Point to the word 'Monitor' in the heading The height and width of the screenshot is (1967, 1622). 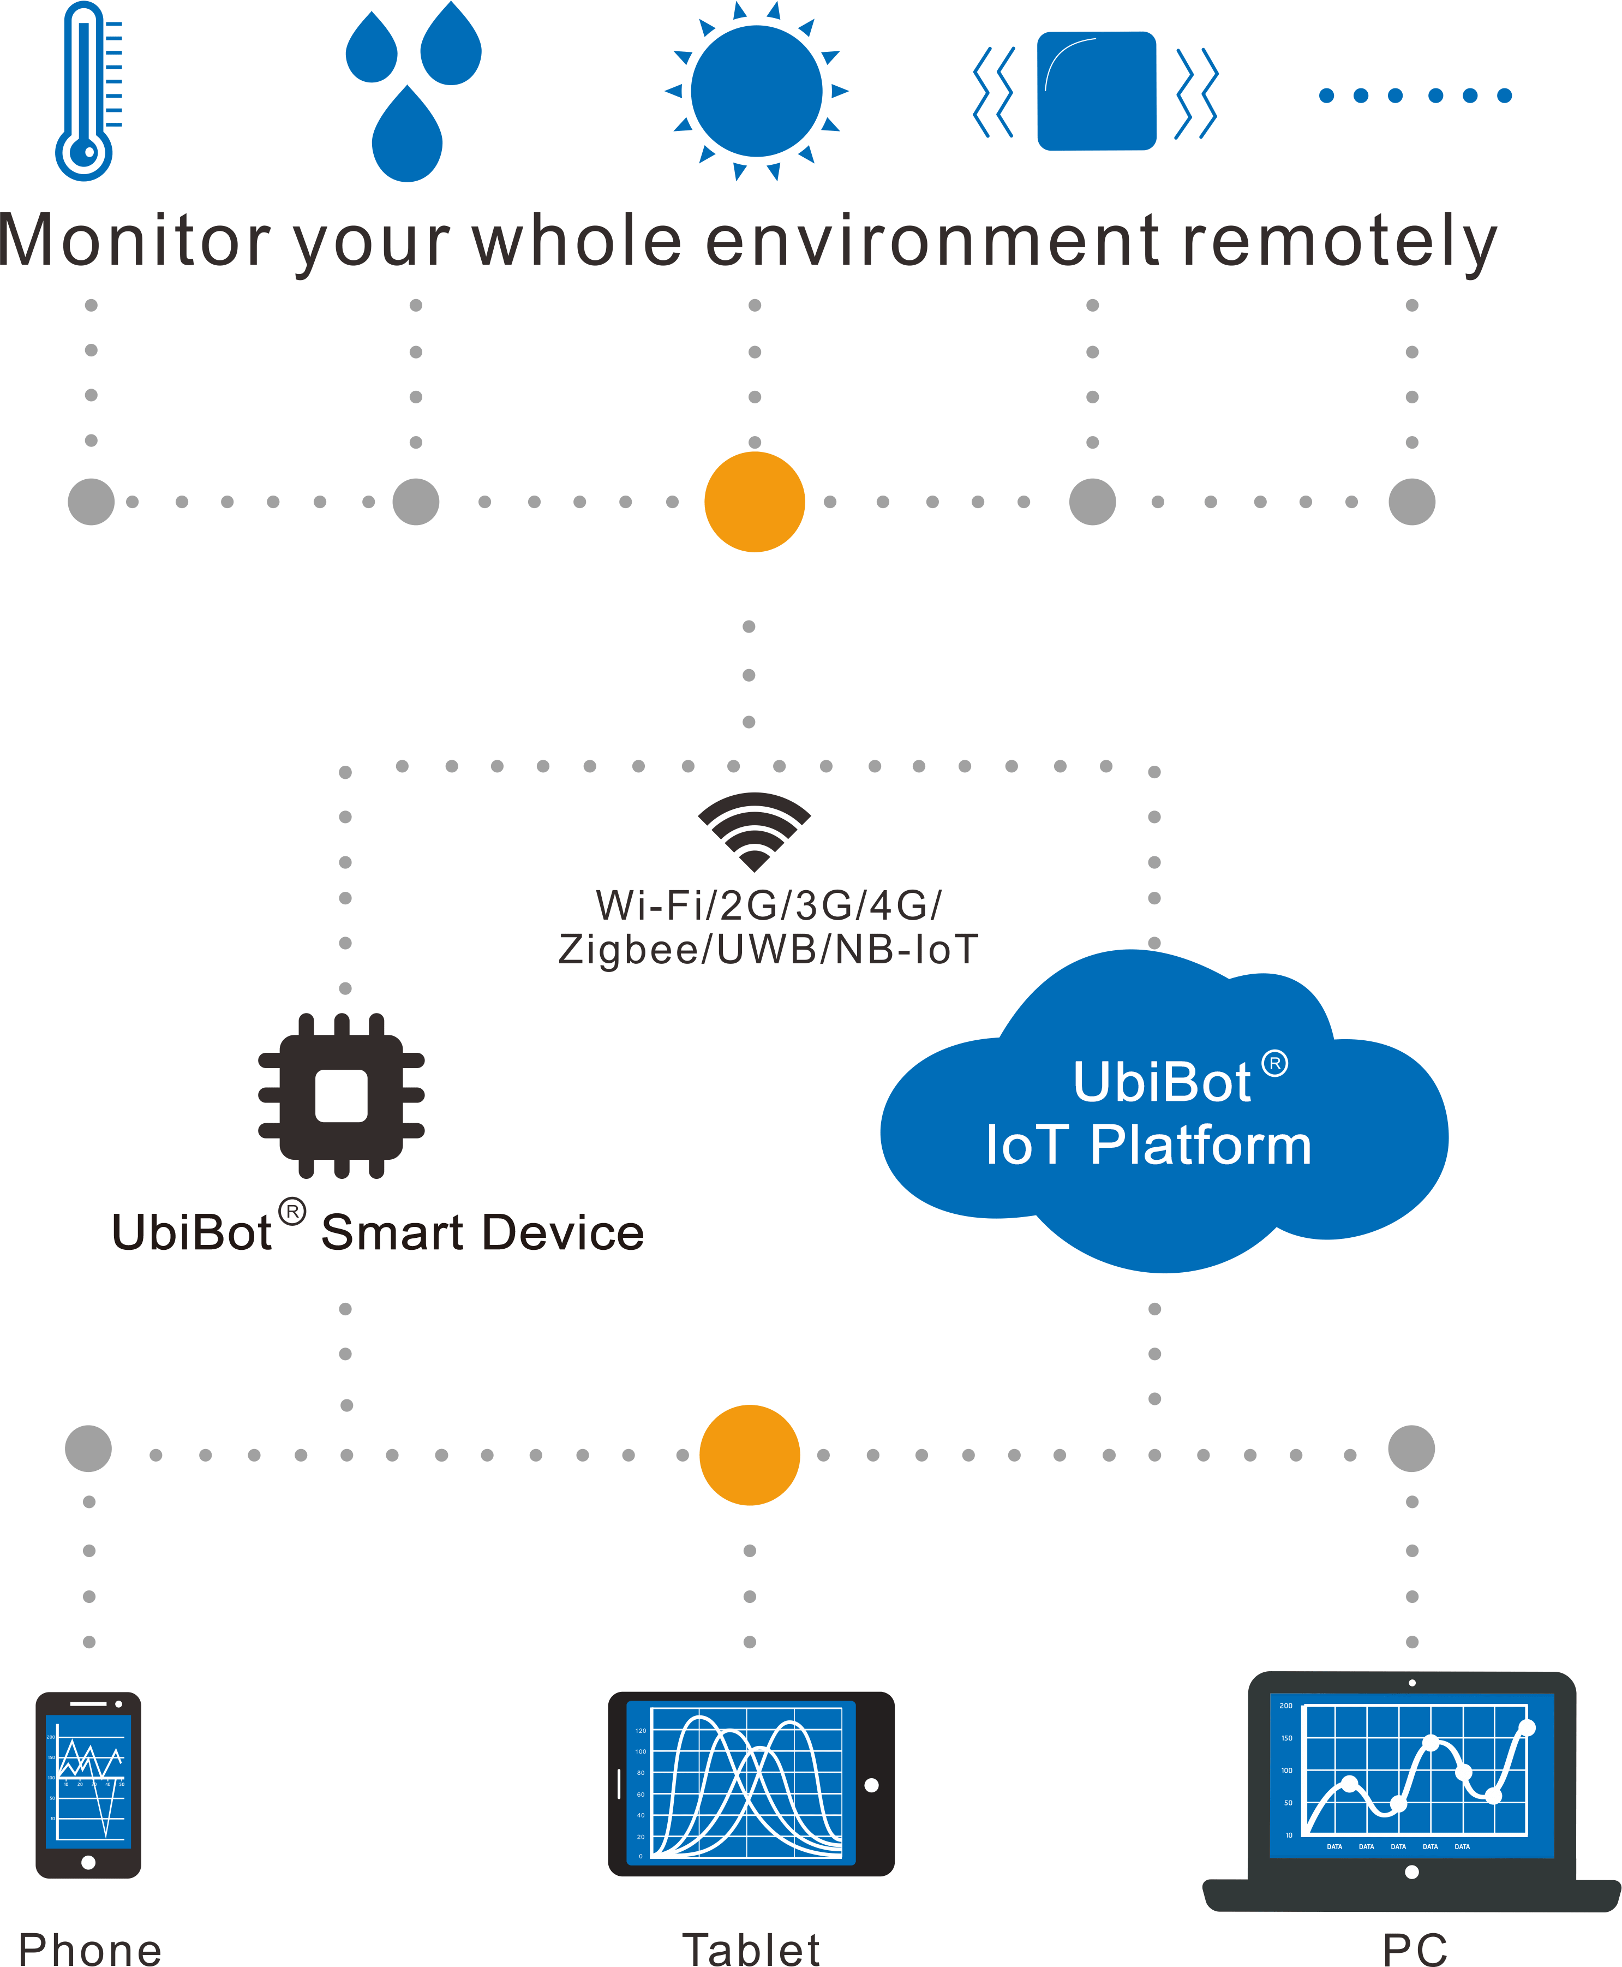(x=135, y=241)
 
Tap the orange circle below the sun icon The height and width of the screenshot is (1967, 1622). (x=754, y=502)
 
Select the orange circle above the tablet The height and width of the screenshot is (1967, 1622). (x=749, y=1455)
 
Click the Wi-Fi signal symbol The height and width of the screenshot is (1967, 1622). (x=754, y=830)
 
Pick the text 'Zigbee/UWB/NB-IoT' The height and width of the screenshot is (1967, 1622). (x=768, y=950)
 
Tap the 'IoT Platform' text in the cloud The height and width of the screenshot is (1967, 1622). (x=1148, y=1145)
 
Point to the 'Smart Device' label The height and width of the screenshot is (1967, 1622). (x=482, y=1232)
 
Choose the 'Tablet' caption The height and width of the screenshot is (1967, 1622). (x=750, y=1948)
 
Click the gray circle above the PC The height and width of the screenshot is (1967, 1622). (x=1411, y=1449)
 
